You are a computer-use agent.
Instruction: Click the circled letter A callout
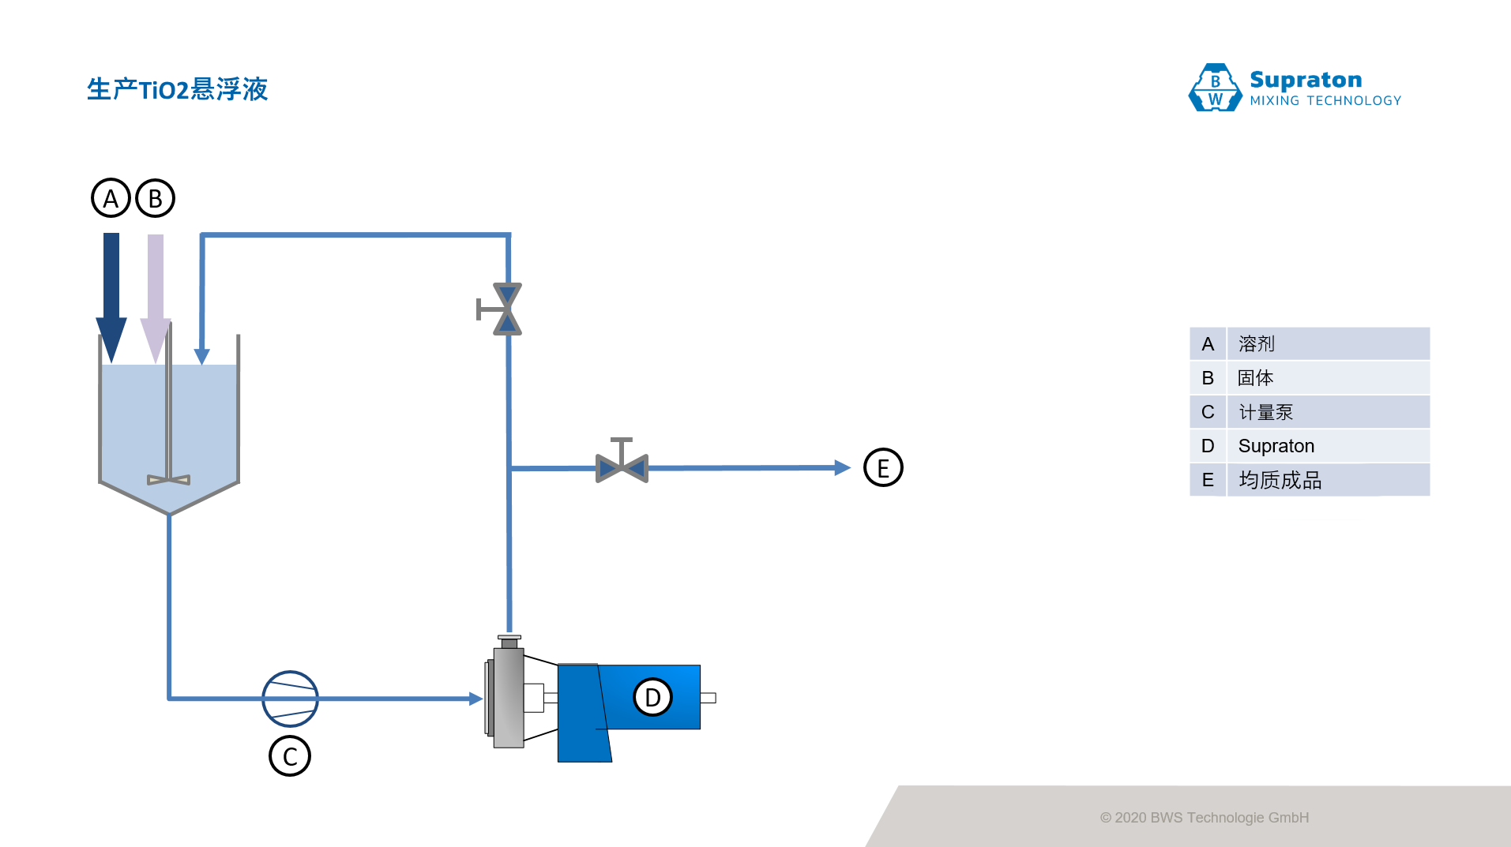(111, 198)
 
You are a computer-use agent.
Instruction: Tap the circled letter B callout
(155, 198)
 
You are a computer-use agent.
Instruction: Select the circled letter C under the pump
(290, 756)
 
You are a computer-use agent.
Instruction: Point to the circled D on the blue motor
(652, 697)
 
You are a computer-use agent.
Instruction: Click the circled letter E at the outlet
(883, 467)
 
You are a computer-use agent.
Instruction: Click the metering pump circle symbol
(290, 699)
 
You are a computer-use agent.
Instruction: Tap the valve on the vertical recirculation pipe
(507, 309)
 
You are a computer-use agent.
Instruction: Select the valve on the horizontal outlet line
(622, 467)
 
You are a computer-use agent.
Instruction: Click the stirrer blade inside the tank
(169, 479)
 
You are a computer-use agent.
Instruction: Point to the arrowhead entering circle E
(842, 467)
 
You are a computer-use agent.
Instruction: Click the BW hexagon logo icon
(1215, 88)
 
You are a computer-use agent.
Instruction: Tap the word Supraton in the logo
(1306, 80)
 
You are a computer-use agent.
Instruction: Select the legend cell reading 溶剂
(1327, 344)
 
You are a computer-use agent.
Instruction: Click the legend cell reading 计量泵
(1327, 412)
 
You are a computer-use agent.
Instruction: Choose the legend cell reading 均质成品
(1327, 480)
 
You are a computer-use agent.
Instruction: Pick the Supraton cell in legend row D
(1327, 446)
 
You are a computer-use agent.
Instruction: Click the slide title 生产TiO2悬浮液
(178, 89)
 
